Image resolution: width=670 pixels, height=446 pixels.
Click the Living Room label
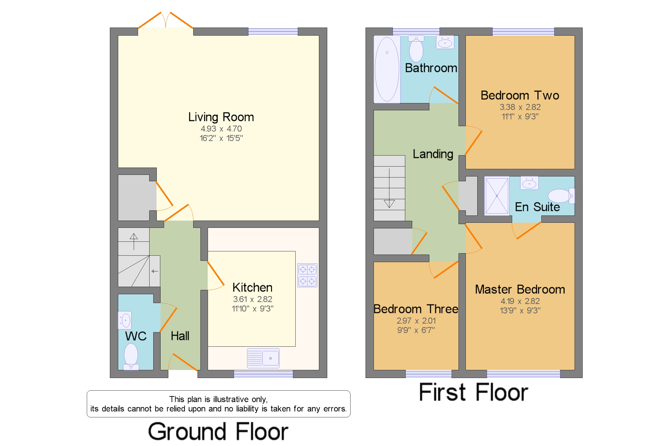(221, 117)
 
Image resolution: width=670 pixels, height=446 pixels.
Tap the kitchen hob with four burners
(307, 275)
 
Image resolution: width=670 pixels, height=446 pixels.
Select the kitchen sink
(263, 358)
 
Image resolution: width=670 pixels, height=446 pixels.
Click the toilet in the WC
(131, 357)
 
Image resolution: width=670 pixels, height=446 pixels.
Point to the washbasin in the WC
(125, 320)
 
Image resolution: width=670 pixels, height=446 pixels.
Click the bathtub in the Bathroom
(387, 69)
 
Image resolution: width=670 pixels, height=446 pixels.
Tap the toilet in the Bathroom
(416, 49)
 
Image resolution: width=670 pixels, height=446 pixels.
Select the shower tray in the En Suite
(497, 196)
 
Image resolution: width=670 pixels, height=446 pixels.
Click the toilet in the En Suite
(561, 196)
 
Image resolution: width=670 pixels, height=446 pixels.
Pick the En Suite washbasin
(529, 183)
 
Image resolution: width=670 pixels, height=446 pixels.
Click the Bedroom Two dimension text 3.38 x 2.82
(520, 107)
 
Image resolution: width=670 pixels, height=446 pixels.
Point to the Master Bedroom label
(520, 290)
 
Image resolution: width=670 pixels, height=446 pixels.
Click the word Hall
(180, 336)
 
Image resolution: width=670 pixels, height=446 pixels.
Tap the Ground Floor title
(218, 432)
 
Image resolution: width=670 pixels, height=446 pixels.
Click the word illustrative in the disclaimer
(231, 399)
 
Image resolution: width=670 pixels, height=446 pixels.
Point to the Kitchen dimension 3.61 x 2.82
(252, 299)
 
